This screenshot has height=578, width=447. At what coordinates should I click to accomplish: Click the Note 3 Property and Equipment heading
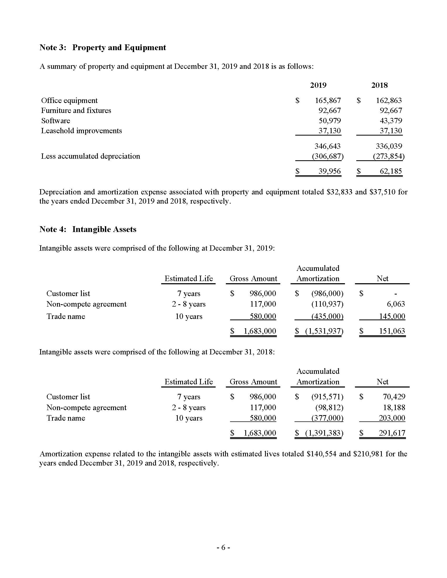point(103,47)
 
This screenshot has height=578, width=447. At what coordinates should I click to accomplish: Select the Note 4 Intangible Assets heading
point(88,229)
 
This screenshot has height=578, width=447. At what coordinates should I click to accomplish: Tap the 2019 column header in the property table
point(318,85)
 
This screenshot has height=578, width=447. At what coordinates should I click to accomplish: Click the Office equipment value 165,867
point(328,101)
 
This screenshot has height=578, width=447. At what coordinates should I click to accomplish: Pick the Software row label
point(55,121)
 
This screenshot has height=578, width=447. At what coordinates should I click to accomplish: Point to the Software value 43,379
point(391,121)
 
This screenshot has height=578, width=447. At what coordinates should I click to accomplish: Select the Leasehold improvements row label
point(82,131)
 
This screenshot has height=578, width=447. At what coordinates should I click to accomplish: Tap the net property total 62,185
point(391,171)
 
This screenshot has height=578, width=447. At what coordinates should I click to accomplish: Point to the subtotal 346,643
point(328,146)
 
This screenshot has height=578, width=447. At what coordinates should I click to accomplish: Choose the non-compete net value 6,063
point(396,304)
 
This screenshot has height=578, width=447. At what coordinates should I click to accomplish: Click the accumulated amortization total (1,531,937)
point(324,331)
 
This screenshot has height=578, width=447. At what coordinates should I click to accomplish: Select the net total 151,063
point(392,331)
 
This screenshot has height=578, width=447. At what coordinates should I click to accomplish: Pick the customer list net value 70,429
point(394,397)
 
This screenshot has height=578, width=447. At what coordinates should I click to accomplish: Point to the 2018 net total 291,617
point(392,433)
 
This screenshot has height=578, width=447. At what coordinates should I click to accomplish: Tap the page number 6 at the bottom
point(223,547)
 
